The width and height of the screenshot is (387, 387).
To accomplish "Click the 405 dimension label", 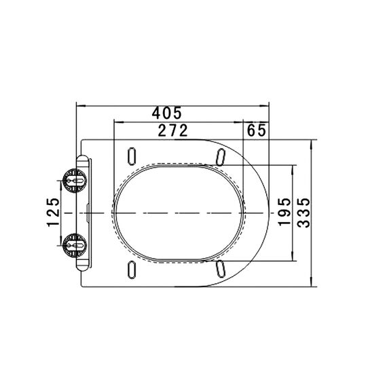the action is click(x=166, y=113).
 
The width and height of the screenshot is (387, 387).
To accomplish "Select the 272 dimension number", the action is click(x=172, y=130).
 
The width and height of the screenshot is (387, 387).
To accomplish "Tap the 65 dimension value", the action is click(x=257, y=130).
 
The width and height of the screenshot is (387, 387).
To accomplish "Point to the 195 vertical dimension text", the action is click(x=284, y=212).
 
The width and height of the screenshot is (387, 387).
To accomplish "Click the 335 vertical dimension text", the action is click(x=303, y=213).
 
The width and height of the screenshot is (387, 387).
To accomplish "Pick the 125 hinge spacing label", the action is click(x=54, y=212).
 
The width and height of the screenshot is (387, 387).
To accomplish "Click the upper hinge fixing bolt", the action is click(x=74, y=181).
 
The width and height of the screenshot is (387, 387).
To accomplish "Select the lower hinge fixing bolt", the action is click(x=74, y=245).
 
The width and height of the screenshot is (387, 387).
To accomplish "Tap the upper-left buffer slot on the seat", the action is click(x=132, y=156).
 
